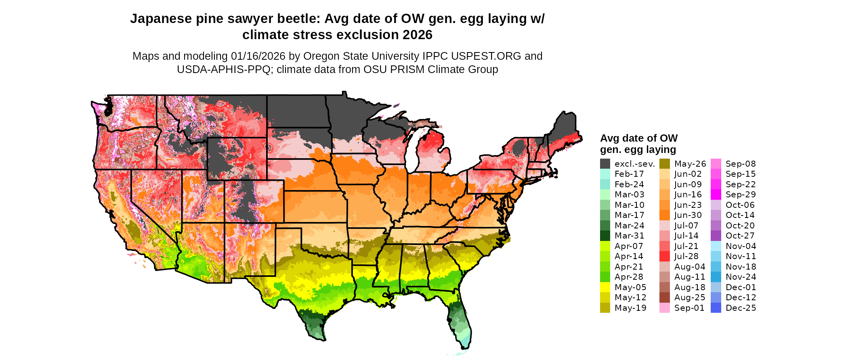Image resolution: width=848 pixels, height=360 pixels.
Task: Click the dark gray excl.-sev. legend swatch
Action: click(605, 164)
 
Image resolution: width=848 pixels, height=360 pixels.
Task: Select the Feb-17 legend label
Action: click(629, 174)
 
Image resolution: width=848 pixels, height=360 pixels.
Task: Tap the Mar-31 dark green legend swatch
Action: click(605, 236)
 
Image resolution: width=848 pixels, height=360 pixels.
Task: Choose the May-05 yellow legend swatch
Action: click(605, 287)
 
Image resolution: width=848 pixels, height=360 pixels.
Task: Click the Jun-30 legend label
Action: click(688, 215)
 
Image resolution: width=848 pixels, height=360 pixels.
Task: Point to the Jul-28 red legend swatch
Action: click(664, 256)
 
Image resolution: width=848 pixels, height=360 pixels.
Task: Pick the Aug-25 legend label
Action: click(690, 297)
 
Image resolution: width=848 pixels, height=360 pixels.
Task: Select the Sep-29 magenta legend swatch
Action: click(716, 195)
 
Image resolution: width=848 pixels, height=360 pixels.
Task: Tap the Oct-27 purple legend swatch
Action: click(716, 236)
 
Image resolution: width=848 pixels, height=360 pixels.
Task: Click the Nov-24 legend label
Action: click(741, 277)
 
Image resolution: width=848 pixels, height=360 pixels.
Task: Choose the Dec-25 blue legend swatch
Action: click(716, 308)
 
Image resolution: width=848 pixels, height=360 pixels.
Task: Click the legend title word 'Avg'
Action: click(609, 138)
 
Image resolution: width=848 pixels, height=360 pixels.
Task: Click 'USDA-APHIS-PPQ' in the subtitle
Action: click(224, 69)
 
